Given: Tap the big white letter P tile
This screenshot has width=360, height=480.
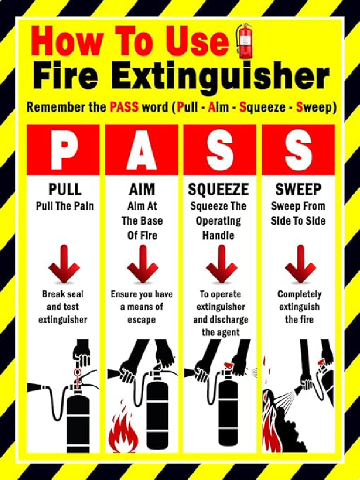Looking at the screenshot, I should pos(64,150).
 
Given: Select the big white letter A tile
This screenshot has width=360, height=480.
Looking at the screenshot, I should pos(142,150).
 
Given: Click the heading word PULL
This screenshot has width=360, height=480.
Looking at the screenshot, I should pos(65,189).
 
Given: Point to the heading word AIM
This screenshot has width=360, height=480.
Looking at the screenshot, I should pos(142,189).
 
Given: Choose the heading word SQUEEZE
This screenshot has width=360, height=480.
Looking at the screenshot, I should pos(218,189).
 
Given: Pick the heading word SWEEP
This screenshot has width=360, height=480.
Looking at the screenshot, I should pos(298,189).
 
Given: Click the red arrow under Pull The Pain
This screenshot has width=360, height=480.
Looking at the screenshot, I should pos(64,264).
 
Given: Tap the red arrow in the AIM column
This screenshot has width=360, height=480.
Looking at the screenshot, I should pos(142,264).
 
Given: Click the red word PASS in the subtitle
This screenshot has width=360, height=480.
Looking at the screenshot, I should pos(124,107).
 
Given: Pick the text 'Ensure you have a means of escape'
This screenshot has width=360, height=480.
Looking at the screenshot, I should pos(142,307).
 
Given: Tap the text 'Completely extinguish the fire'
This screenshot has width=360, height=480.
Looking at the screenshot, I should pos(300,307).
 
